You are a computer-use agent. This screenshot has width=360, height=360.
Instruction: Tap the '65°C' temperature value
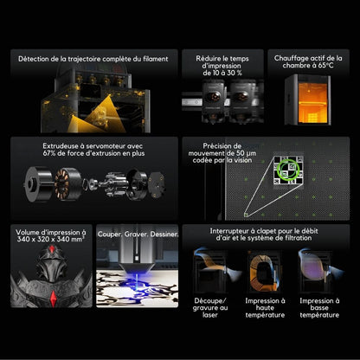(x=325, y=66)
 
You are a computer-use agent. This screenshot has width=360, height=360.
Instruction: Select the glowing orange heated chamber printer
(x=308, y=100)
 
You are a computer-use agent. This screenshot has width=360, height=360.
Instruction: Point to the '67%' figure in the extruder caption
(x=49, y=153)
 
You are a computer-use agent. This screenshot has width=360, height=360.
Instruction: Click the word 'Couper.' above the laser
(x=110, y=235)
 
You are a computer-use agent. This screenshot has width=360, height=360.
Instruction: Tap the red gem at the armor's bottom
(x=53, y=299)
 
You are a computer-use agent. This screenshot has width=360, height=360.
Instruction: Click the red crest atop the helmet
(x=51, y=249)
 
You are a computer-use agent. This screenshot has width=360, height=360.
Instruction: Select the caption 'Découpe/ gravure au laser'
(x=210, y=308)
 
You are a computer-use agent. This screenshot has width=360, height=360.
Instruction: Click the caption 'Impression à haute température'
(x=265, y=308)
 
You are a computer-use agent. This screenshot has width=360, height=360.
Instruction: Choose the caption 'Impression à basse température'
(x=319, y=308)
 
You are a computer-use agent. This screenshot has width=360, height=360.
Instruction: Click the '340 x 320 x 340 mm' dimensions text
(x=51, y=240)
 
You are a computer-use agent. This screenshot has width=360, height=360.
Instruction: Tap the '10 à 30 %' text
(x=222, y=73)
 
